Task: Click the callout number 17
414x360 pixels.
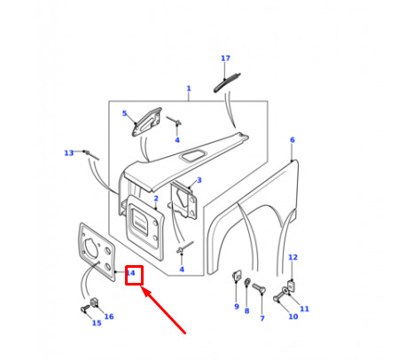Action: pos(225,59)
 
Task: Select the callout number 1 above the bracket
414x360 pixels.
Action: pos(189,89)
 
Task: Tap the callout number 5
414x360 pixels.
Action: pos(124,113)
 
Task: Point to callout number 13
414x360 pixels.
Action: pos(69,153)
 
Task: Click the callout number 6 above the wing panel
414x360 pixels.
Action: pos(293,140)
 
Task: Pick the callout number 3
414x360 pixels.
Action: pos(199,180)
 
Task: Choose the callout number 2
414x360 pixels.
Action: pos(156,199)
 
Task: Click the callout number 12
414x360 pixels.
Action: pos(293,257)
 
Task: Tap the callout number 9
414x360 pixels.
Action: pos(237,307)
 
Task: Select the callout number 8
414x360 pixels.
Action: pos(246,310)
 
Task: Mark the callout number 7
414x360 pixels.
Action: pos(262,318)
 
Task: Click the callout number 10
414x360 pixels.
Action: pos(293,317)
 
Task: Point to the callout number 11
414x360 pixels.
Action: pos(304,309)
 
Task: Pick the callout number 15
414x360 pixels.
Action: pos(97,323)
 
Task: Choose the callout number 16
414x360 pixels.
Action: pos(109,317)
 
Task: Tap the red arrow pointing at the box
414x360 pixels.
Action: pos(164,311)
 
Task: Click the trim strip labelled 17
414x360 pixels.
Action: pos(226,83)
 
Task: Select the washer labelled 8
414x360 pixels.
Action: pos(247,282)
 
